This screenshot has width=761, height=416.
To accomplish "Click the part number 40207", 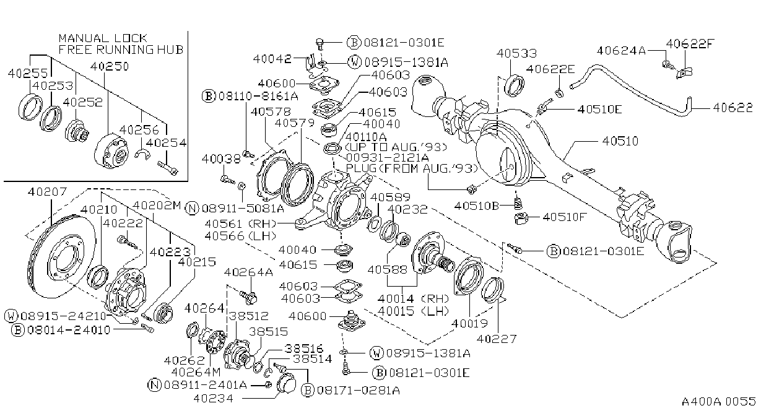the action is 48,192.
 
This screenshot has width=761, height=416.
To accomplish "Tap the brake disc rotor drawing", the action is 61,256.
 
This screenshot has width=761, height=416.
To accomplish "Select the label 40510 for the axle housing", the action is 620,141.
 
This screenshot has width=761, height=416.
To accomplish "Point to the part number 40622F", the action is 690,44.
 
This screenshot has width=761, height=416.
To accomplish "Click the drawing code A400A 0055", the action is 718,401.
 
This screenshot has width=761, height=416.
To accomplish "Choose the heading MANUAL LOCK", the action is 103,38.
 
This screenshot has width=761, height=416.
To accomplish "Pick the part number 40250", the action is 110,66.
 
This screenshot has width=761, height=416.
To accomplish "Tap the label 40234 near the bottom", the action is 214,398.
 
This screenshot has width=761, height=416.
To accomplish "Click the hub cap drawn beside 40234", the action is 286,383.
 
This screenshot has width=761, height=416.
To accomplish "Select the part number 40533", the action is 516,53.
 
